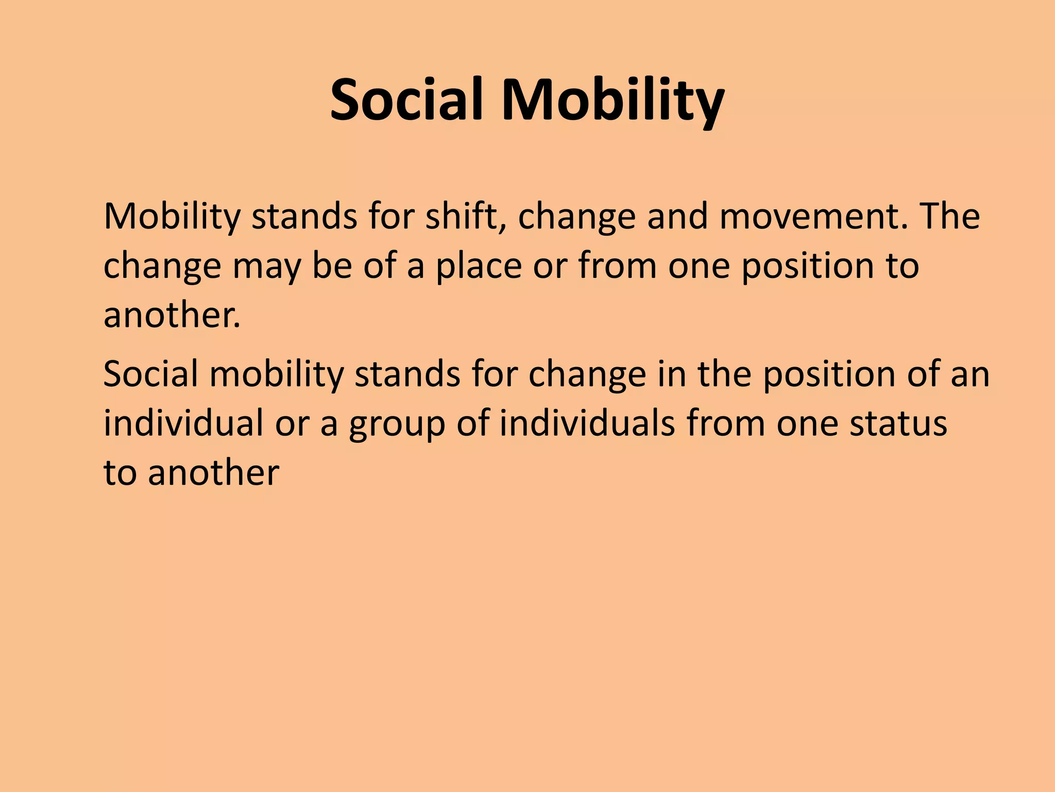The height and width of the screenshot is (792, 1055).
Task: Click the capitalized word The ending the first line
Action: pos(950,216)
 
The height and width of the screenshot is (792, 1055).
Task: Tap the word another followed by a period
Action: pos(172,315)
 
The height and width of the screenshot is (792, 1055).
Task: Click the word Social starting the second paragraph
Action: pos(150,374)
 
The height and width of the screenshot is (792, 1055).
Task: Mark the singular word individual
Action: pos(183,423)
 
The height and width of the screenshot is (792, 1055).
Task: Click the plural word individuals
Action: pos(587,423)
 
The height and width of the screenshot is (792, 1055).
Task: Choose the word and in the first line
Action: pos(677,216)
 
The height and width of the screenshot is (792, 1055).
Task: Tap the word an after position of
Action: pos(970,374)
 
